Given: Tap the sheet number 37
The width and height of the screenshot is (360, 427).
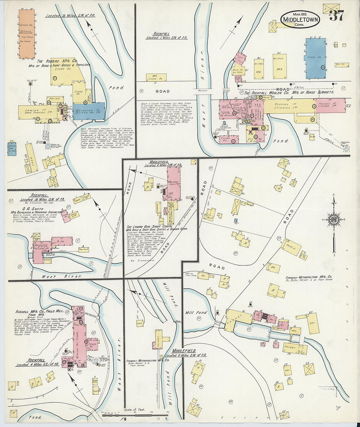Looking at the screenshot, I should pyautogui.click(x=336, y=15).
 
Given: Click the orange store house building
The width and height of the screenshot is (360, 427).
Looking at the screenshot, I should pyautogui.click(x=27, y=34).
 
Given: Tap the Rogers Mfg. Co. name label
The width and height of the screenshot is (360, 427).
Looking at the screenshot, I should pyautogui.click(x=57, y=61).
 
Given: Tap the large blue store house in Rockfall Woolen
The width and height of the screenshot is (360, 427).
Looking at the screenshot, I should pyautogui.click(x=315, y=58).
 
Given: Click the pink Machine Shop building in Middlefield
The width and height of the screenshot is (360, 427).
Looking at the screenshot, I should pyautogui.click(x=173, y=184).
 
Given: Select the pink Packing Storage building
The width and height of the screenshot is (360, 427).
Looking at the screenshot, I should pyautogui.click(x=331, y=105).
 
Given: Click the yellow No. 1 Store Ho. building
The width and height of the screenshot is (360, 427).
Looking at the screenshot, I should pyautogui.click(x=156, y=77).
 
